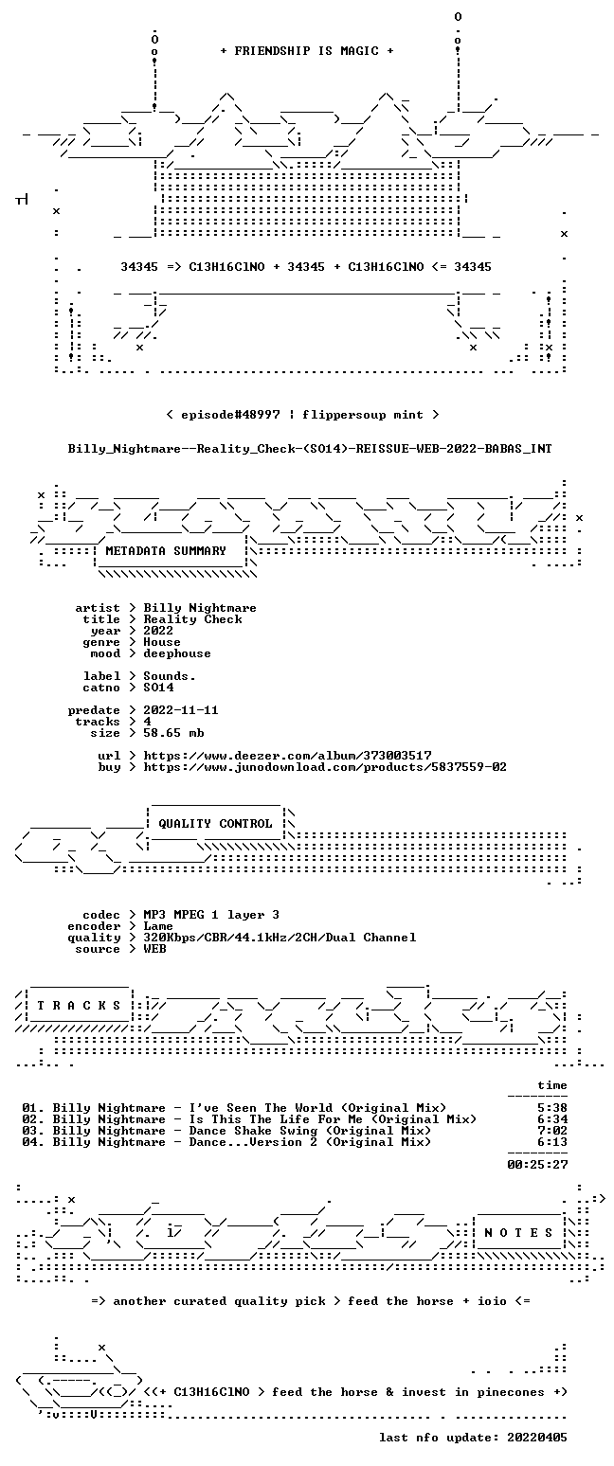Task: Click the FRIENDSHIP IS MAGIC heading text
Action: pyautogui.click(x=307, y=51)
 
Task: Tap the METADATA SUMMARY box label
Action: pyautogui.click(x=166, y=551)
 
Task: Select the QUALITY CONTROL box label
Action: pyautogui.click(x=215, y=824)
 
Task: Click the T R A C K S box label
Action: pyautogui.click(x=80, y=1005)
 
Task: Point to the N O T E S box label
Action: pyautogui.click(x=518, y=1232)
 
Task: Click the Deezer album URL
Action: pyautogui.click(x=287, y=756)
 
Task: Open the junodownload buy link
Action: pyautogui.click(x=325, y=767)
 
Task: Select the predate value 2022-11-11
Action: pyautogui.click(x=181, y=710)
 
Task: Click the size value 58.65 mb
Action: pyautogui.click(x=173, y=733)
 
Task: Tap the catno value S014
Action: pyautogui.click(x=158, y=688)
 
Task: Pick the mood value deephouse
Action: pyautogui.click(x=177, y=653)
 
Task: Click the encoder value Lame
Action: pyautogui.click(x=158, y=926)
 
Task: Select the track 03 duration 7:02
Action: pyautogui.click(x=552, y=1130)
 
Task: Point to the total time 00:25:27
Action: pyautogui.click(x=537, y=1164)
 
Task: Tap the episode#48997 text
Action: pyautogui.click(x=230, y=415)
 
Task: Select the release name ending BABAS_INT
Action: pyautogui.click(x=310, y=449)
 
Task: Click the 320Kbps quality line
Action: pyautogui.click(x=280, y=938)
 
